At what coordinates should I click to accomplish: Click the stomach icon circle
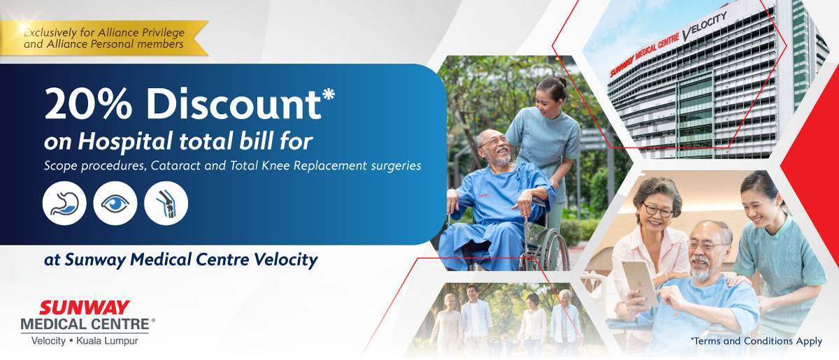(x=64, y=203)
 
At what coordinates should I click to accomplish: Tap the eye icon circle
(x=115, y=203)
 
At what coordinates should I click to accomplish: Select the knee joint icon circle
(x=166, y=203)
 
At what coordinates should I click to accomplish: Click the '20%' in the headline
(x=88, y=103)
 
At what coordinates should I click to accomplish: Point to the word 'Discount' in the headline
(x=234, y=103)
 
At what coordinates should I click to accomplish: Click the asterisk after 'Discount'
(x=329, y=93)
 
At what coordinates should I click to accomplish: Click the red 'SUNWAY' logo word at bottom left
(x=85, y=308)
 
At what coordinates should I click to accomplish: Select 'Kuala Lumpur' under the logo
(x=107, y=341)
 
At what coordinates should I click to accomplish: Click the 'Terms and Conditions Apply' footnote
(x=756, y=341)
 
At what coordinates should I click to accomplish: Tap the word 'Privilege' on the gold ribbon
(x=163, y=33)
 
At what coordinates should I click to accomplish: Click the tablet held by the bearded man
(x=639, y=283)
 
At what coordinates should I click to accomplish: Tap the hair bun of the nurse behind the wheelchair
(x=560, y=82)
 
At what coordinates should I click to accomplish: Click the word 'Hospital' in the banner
(x=126, y=142)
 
